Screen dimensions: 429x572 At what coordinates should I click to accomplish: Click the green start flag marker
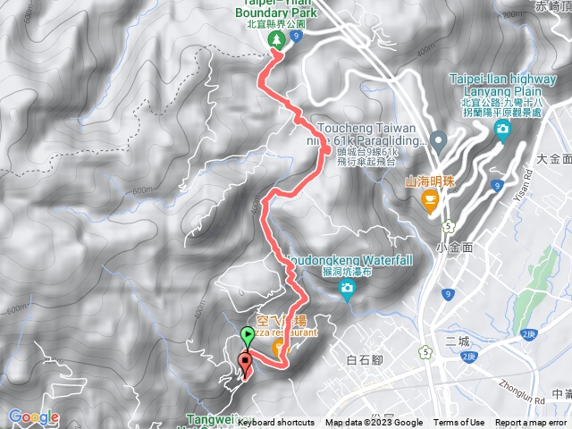pyautogui.click(x=248, y=338)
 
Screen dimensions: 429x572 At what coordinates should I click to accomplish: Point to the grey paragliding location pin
pyautogui.click(x=438, y=139)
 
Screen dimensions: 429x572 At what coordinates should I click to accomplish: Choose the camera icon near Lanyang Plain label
pyautogui.click(x=501, y=130)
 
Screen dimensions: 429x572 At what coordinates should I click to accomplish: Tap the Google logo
pyautogui.click(x=33, y=416)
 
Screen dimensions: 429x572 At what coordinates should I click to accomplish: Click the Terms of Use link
pyautogui.click(x=459, y=423)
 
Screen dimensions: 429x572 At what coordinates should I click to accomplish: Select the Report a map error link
pyautogui.click(x=532, y=423)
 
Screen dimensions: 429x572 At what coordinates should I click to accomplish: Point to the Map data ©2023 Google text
pyautogui.click(x=374, y=423)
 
